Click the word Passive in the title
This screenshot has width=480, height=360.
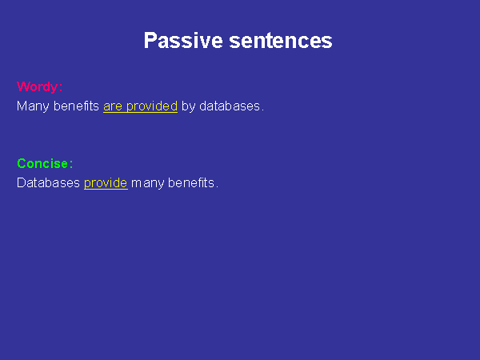coord(183,41)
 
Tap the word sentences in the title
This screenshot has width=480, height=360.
coord(281,41)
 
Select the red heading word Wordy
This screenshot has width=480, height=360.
coord(37,87)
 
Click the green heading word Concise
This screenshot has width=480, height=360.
coord(42,163)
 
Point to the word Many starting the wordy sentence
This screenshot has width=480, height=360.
coord(33,106)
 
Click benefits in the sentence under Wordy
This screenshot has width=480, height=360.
coord(76,106)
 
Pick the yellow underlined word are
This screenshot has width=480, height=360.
coord(113,106)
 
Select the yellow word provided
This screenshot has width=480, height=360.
coord(152,106)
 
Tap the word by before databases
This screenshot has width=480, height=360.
coord(188,106)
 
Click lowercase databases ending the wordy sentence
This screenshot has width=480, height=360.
coord(230,106)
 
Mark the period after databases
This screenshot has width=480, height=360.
coord(262,110)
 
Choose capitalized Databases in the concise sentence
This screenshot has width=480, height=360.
coord(48,182)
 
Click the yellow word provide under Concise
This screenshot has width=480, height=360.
coord(106,183)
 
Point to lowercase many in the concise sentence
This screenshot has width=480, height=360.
coord(147,184)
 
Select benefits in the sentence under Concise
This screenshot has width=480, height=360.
coord(191,182)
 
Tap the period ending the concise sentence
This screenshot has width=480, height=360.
coord(217,187)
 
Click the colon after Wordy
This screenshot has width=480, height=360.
coord(61,88)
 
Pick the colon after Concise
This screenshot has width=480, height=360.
coord(71,164)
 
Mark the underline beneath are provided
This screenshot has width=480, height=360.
coord(141,112)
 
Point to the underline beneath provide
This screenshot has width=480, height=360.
coord(106,189)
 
